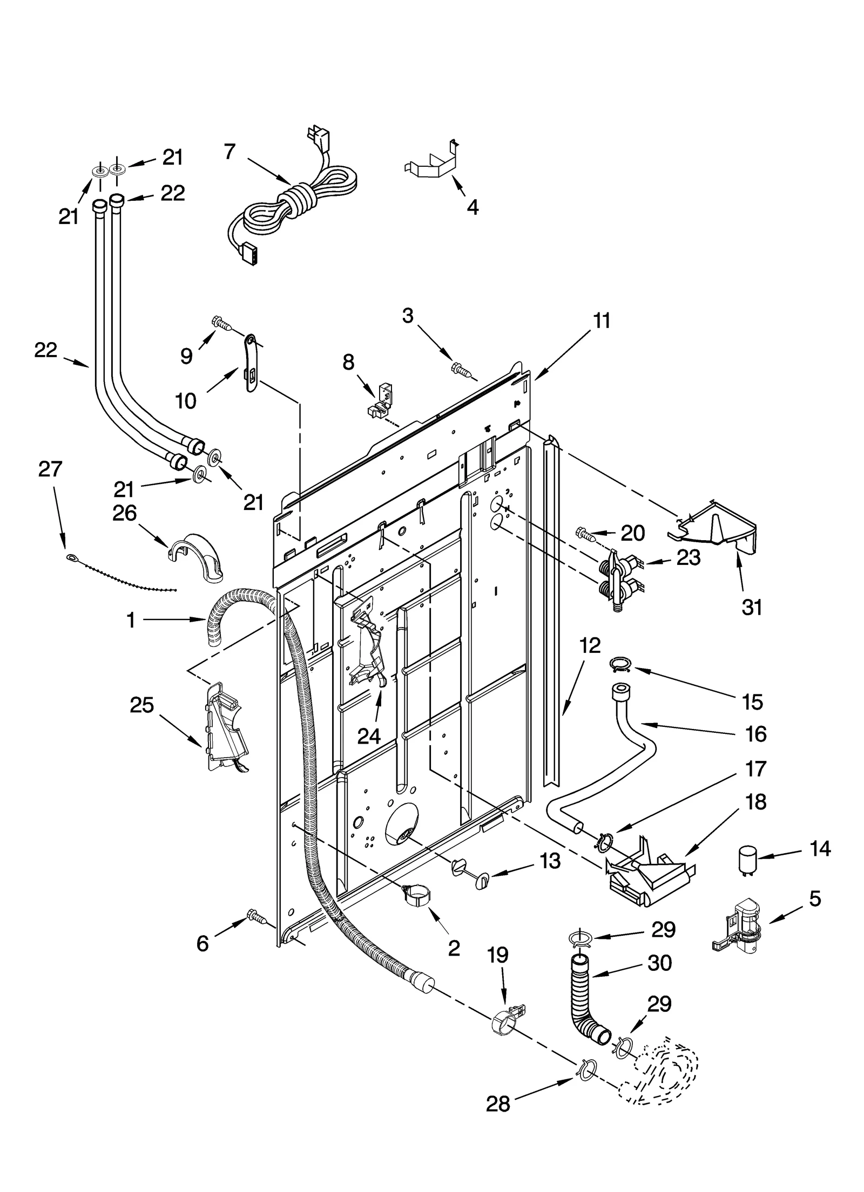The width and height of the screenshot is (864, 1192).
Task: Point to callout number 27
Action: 50,469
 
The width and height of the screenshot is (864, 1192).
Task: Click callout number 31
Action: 751,608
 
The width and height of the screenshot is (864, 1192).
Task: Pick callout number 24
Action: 369,735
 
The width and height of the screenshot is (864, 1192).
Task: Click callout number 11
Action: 601,321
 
